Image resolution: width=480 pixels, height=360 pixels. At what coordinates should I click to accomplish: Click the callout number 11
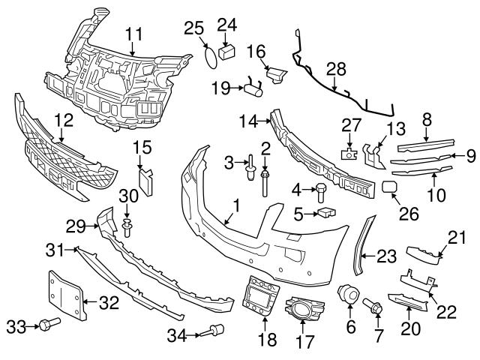[x=133, y=33]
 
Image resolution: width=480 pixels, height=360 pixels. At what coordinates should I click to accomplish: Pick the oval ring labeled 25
[x=213, y=57]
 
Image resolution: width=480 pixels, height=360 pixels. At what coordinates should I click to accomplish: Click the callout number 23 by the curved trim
[x=385, y=257]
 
